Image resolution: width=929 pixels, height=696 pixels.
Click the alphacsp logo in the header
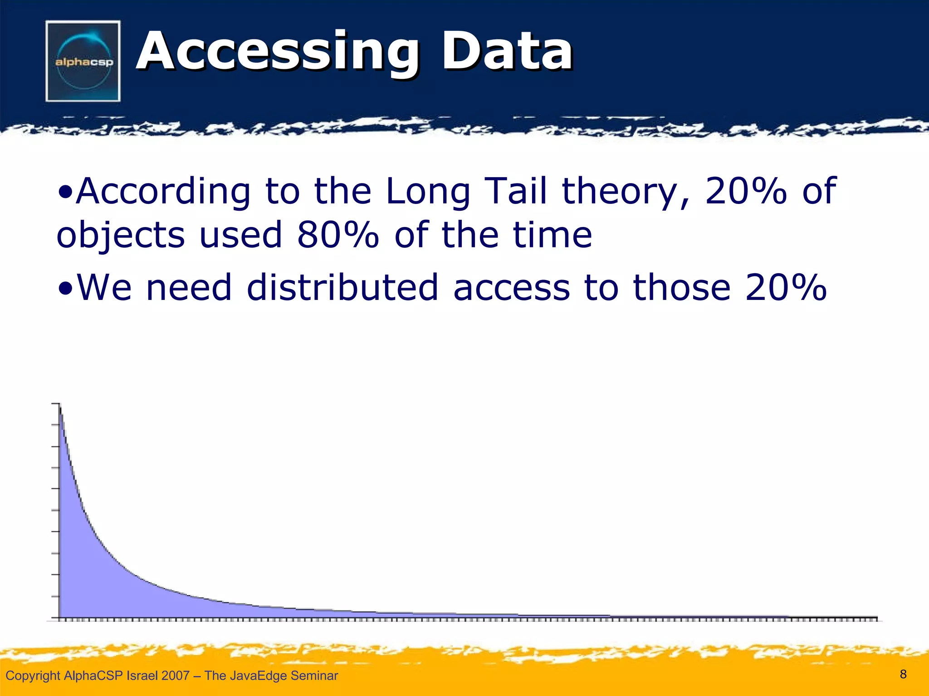pyautogui.click(x=83, y=61)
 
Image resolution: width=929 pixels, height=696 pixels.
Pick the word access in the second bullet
pyautogui.click(x=511, y=288)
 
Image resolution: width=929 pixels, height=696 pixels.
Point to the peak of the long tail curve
pyautogui.click(x=60, y=405)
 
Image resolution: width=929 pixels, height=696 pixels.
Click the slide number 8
pyautogui.click(x=903, y=674)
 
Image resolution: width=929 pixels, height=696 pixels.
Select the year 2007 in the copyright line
pyautogui.click(x=176, y=676)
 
